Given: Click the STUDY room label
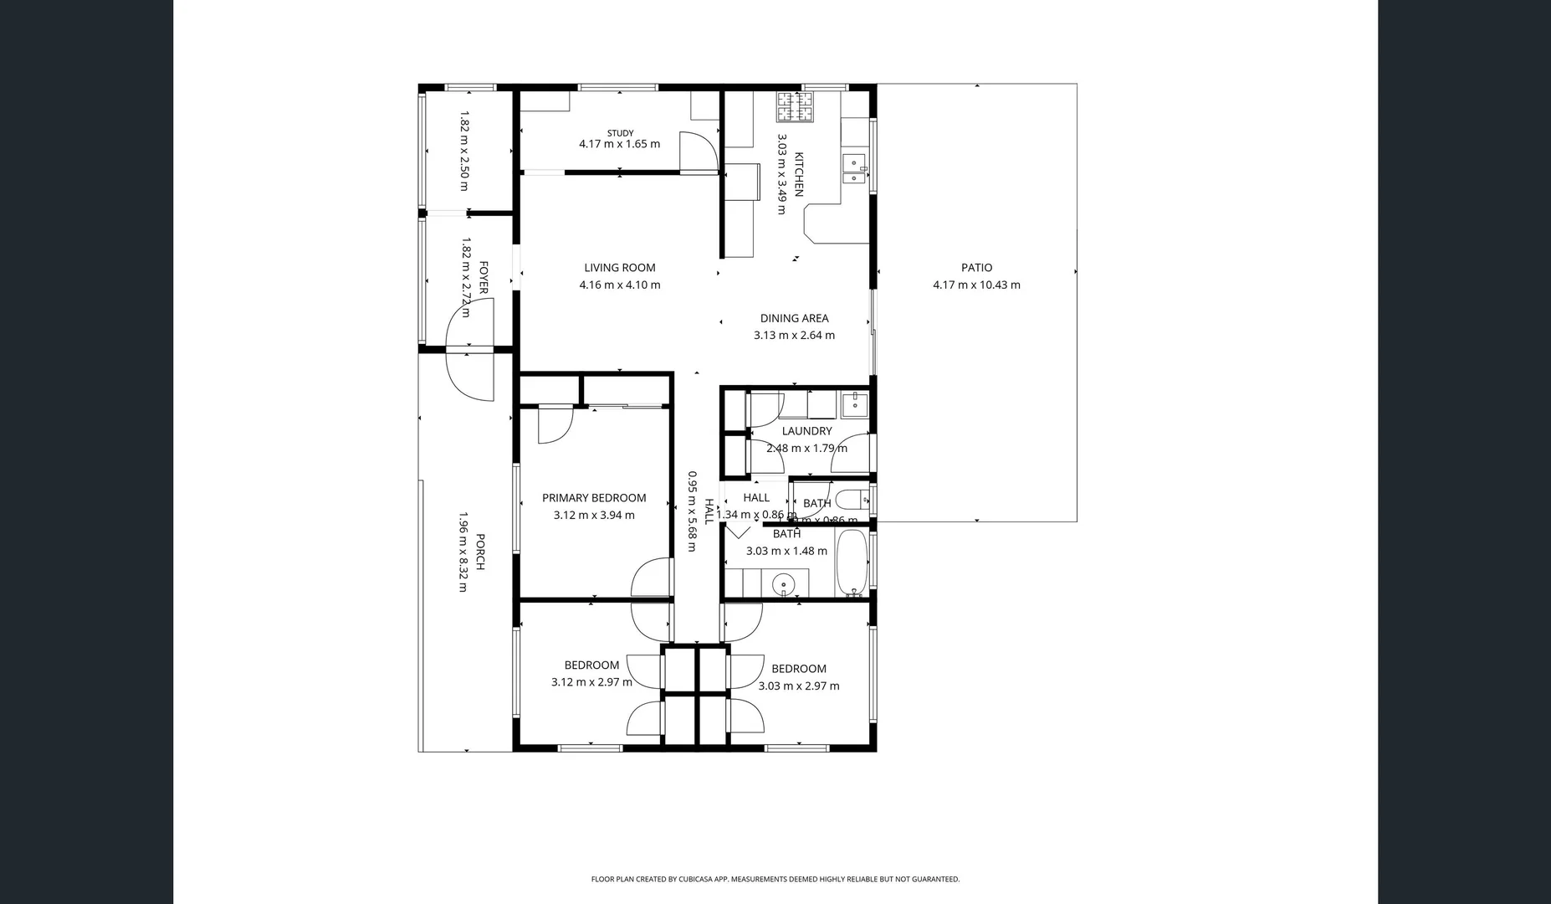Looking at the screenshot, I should [620, 133].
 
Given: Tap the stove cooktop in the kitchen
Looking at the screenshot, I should [795, 105].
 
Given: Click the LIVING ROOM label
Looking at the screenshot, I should [619, 268].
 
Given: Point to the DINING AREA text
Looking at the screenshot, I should [794, 318].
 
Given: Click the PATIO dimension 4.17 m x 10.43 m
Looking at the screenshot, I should [976, 285].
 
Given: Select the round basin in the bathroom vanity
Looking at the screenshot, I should [784, 583].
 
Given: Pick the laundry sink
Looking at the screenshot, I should [854, 404].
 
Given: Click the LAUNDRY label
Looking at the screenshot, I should [806, 431].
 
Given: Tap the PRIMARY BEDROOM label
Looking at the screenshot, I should [594, 498].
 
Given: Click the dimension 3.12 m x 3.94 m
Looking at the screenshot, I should [594, 516].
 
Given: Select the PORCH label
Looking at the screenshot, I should [480, 552].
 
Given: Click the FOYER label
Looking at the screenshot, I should [484, 278].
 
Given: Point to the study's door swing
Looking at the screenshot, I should [699, 152].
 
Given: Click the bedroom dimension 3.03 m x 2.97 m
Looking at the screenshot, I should [799, 686].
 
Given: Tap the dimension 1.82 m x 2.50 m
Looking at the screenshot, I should [464, 152].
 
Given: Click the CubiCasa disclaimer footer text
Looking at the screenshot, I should [775, 879].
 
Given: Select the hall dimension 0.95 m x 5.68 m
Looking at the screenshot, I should [692, 511].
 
